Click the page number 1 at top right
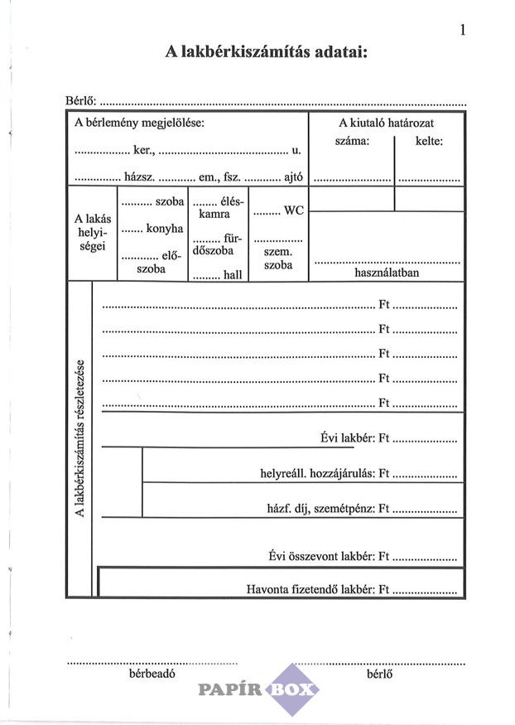click(x=462, y=31)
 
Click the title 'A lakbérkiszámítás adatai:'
click(x=265, y=52)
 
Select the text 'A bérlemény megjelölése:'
click(x=139, y=123)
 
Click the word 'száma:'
click(x=353, y=141)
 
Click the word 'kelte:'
click(x=429, y=141)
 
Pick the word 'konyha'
click(x=164, y=229)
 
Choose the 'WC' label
click(x=293, y=211)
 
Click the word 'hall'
click(x=232, y=273)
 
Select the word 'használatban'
click(x=387, y=272)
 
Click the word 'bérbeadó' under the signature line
click(x=152, y=674)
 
